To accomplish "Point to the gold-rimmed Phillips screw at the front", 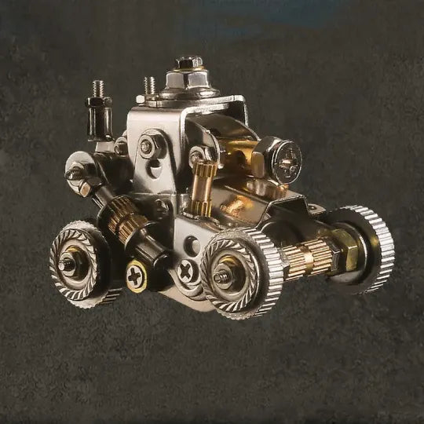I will [x=137, y=276].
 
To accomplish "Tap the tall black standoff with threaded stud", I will [x=100, y=114].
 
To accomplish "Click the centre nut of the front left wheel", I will [x=68, y=265].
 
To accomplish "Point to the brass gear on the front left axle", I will [x=125, y=218].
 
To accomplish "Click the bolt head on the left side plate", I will [x=148, y=147].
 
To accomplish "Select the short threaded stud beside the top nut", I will [x=149, y=86].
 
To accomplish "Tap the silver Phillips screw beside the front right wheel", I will [x=187, y=271].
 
